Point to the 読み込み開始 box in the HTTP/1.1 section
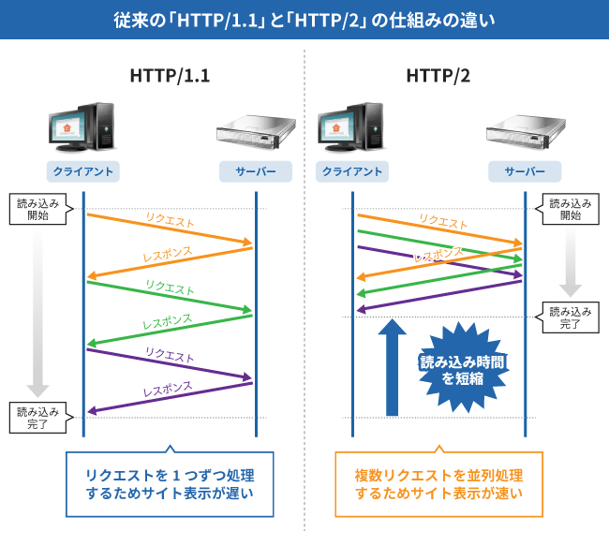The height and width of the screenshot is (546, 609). click(37, 209)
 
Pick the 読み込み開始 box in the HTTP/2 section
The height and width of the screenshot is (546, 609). click(571, 209)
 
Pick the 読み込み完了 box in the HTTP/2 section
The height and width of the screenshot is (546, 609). click(571, 318)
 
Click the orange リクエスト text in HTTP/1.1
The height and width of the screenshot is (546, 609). click(170, 221)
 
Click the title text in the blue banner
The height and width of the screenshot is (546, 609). click(304, 20)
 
